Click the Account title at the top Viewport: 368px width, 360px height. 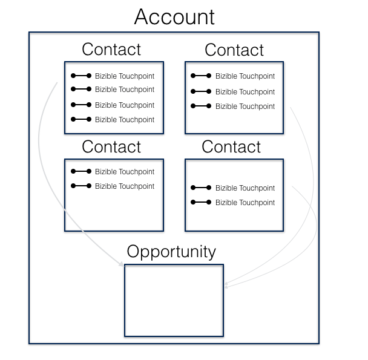[174, 16]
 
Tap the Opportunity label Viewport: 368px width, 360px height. [171, 251]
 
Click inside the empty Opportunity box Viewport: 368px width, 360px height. [174, 300]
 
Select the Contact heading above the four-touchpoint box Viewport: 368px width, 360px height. [111, 49]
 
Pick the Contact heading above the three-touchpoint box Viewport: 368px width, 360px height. [234, 50]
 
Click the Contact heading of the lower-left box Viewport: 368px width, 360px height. [111, 146]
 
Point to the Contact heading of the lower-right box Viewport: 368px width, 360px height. [231, 146]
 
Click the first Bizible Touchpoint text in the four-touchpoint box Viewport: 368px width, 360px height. [125, 76]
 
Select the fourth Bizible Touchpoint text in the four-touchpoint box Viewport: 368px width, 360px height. [125, 120]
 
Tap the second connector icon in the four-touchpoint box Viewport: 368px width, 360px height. [81, 90]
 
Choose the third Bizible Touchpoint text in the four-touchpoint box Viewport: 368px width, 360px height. [125, 105]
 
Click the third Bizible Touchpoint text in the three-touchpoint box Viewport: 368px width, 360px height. [245, 106]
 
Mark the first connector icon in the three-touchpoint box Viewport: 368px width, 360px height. [201, 76]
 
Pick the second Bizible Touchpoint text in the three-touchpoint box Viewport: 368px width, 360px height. [245, 92]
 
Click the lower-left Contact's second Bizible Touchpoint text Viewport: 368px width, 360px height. [125, 186]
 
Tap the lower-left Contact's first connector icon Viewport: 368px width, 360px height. [81, 172]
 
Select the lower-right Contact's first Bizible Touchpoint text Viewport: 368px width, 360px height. [245, 188]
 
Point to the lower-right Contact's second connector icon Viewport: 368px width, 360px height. [201, 203]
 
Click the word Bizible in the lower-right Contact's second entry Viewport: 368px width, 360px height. [227, 203]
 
